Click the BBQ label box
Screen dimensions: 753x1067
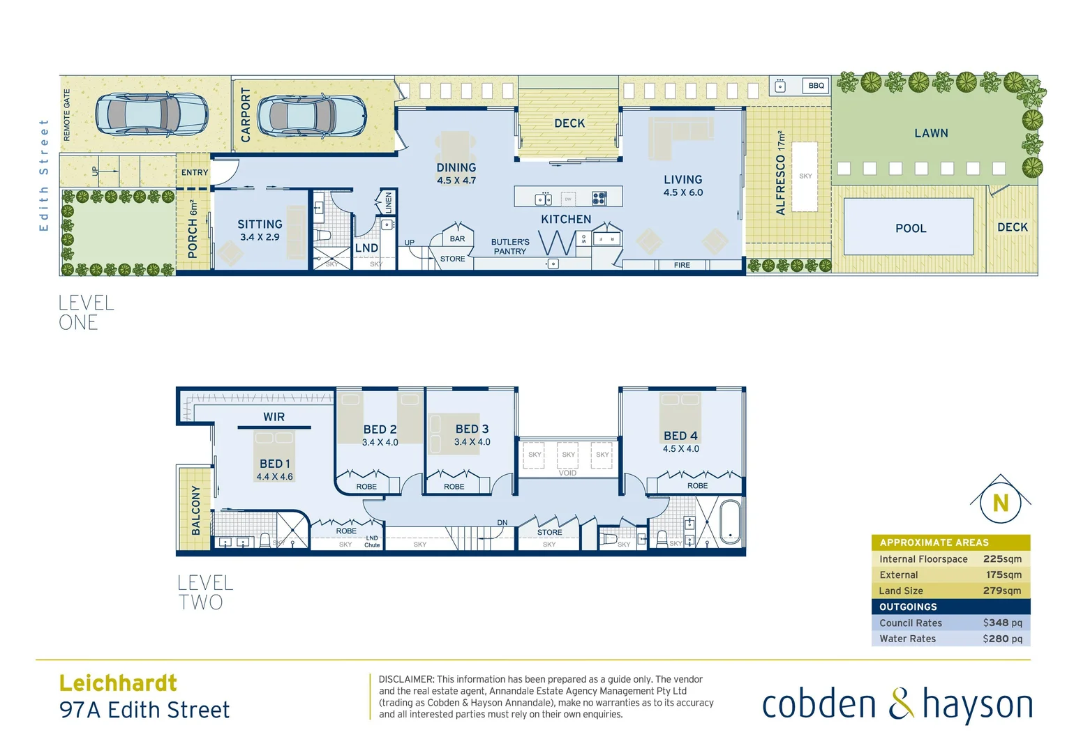coord(816,86)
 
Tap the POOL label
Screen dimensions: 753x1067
coord(911,228)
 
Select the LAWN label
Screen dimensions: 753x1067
coord(931,133)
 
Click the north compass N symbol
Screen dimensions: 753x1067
coord(1000,503)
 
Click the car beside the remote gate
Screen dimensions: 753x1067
coord(151,114)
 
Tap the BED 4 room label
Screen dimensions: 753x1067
coord(680,436)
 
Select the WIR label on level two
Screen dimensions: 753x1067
coord(274,417)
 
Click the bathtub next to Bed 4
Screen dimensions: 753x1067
coord(730,522)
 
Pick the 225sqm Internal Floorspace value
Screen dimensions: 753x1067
coord(1002,559)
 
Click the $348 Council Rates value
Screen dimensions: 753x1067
coord(1002,623)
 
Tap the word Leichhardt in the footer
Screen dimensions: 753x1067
coord(118,683)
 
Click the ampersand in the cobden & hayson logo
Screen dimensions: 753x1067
coord(900,703)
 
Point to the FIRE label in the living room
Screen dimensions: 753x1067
coord(682,265)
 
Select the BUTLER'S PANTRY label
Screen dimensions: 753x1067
coord(510,247)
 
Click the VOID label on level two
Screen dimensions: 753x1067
coord(567,473)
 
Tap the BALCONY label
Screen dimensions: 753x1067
coord(195,511)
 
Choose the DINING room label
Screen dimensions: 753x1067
coord(456,168)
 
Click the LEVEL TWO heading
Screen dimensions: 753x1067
coord(204,593)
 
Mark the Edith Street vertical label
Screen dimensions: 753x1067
coord(44,175)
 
